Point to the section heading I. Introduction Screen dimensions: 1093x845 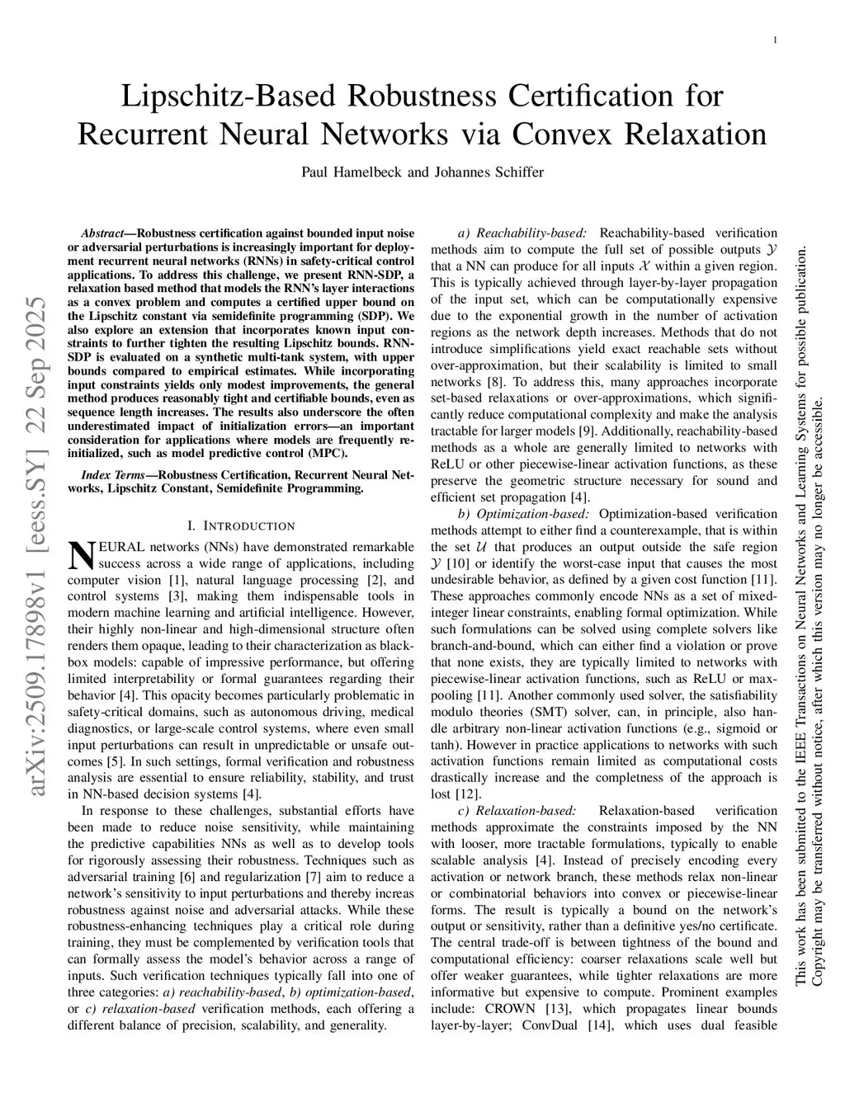click(241, 525)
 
